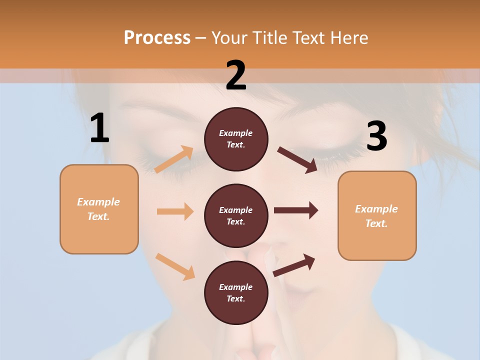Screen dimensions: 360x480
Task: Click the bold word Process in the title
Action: pos(157,37)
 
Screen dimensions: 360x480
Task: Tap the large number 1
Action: pos(99,128)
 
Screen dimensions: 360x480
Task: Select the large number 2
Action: pos(236,75)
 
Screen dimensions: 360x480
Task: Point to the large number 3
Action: pos(376,136)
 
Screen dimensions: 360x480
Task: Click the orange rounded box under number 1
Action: pos(99,209)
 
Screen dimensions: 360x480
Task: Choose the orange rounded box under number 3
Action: pos(377,215)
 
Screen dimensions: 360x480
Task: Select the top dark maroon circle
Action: pos(236,139)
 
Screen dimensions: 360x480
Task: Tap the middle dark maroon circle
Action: pos(236,215)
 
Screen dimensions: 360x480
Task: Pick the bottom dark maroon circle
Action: pos(236,292)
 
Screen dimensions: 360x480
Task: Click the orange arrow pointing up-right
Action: pos(174,159)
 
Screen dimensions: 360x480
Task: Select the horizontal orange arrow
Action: pos(175,211)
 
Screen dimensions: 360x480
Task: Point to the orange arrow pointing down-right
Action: pos(175,266)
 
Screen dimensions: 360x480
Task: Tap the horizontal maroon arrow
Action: pos(296,210)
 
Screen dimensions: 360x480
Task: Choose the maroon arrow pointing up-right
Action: pos(294,265)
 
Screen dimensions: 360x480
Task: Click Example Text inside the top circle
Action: pos(236,139)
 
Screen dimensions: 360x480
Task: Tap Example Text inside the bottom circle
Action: pos(236,292)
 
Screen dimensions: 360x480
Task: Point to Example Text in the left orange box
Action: pos(99,209)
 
